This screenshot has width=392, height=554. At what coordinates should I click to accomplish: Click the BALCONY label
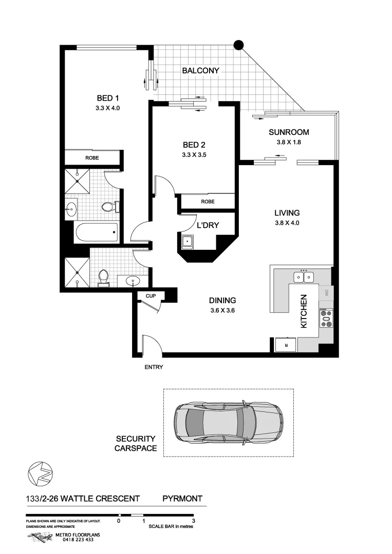pos(200,71)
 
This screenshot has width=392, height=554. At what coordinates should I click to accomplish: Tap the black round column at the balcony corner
pos(238,45)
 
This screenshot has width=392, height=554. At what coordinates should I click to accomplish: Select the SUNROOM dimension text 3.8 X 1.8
pos(289,143)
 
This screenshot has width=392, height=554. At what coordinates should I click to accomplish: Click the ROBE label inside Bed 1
pos(92,158)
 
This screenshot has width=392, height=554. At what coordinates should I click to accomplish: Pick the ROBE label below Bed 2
pos(208,202)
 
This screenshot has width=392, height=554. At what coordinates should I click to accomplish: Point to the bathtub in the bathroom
pos(96,233)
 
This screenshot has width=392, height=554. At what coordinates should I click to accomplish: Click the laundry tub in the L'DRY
pos(188,241)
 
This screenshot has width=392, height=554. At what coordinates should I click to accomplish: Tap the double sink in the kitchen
pos(303,277)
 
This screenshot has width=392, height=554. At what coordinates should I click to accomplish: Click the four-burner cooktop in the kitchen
pos(326,318)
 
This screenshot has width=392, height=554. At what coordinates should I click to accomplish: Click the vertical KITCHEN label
pos(304,311)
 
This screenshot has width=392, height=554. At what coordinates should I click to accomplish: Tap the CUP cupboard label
pos(151,296)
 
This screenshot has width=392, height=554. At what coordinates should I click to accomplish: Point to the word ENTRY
pos(154,367)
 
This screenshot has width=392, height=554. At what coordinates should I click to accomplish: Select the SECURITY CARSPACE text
pos(135,444)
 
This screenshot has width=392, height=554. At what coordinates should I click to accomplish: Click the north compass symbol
pos(40,472)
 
